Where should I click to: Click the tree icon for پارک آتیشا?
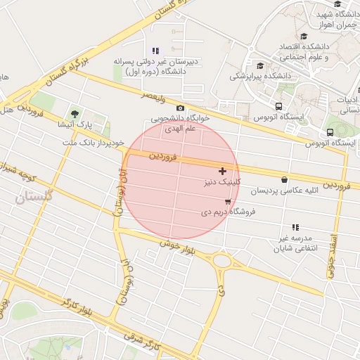75,114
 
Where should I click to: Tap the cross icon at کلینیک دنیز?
223,171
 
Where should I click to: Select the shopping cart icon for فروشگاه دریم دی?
226,201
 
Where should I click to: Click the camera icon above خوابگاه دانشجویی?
181,108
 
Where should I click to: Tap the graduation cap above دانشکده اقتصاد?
304,37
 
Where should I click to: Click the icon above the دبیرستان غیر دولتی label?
155,51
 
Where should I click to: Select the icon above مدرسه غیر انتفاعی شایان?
295,227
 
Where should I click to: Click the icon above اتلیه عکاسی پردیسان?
284,180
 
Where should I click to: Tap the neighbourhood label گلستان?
33,199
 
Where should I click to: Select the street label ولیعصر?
154,94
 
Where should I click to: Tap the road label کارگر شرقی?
147,344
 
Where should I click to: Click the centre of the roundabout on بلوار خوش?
223,262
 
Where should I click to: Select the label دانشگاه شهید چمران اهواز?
337,19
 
